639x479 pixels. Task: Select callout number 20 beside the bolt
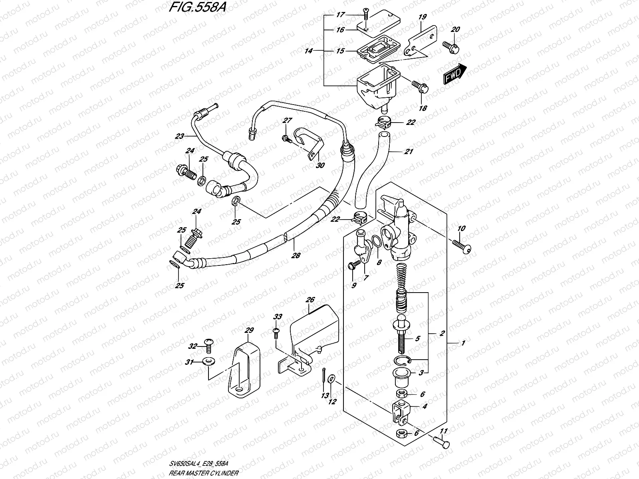(x=455, y=30)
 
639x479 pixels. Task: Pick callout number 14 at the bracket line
(x=308, y=51)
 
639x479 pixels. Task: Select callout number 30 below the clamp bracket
(x=320, y=165)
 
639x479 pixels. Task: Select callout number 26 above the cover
(x=311, y=300)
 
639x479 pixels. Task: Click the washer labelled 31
(x=206, y=362)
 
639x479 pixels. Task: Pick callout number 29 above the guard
(x=249, y=331)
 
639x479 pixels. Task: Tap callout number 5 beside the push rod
(x=417, y=339)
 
